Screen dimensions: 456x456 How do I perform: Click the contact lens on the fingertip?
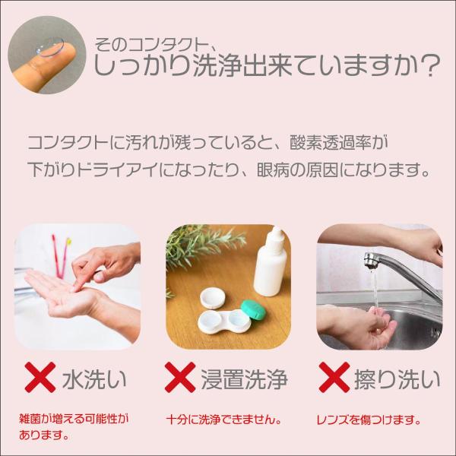point(49,46)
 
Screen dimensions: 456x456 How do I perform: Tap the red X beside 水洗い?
point(40,377)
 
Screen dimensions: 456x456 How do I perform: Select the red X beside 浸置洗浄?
point(180,377)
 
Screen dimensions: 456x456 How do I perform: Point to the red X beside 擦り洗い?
point(334,377)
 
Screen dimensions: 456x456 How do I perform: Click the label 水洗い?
point(94,379)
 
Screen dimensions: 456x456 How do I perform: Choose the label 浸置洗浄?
point(244,379)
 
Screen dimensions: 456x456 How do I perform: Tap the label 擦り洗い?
point(397,379)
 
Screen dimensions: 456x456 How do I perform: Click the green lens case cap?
point(253,310)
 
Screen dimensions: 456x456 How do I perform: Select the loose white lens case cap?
point(213,298)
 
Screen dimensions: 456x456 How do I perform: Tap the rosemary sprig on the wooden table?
point(201,247)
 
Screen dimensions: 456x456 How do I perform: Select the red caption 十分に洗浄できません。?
point(224,420)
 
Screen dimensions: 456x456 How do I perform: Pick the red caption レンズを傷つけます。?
point(369,420)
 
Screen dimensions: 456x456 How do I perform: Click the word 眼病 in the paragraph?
point(274,169)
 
